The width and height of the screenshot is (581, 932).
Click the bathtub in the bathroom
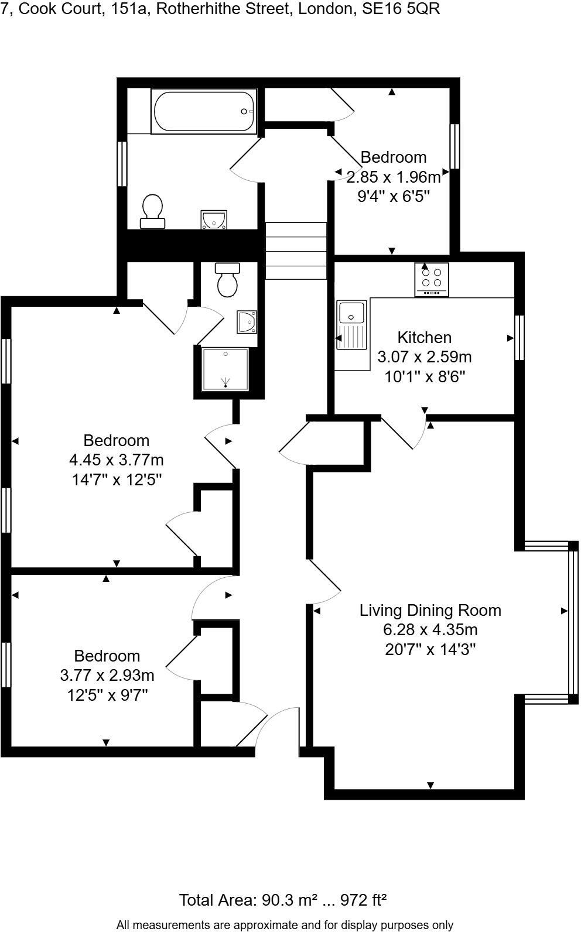click(203, 111)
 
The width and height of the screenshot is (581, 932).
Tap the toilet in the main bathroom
click(152, 211)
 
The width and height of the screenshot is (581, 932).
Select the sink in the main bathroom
click(214, 220)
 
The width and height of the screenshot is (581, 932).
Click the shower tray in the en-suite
click(225, 369)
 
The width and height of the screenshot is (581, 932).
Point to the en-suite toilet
click(227, 280)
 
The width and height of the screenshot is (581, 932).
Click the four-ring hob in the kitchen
click(432, 279)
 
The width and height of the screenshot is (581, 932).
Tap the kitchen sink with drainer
click(351, 325)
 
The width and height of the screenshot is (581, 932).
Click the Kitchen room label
click(424, 337)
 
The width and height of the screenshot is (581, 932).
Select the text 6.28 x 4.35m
click(430, 630)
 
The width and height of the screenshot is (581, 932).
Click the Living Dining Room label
click(430, 611)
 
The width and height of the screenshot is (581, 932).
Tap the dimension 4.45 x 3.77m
click(116, 460)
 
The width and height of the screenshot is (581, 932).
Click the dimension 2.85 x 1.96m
click(393, 176)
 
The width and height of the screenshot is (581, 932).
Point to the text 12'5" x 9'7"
click(107, 695)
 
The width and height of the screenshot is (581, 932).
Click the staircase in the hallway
click(296, 251)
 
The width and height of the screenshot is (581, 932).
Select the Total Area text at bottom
click(282, 900)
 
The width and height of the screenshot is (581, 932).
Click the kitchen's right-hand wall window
click(519, 338)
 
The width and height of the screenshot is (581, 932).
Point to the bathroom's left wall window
click(122, 164)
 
